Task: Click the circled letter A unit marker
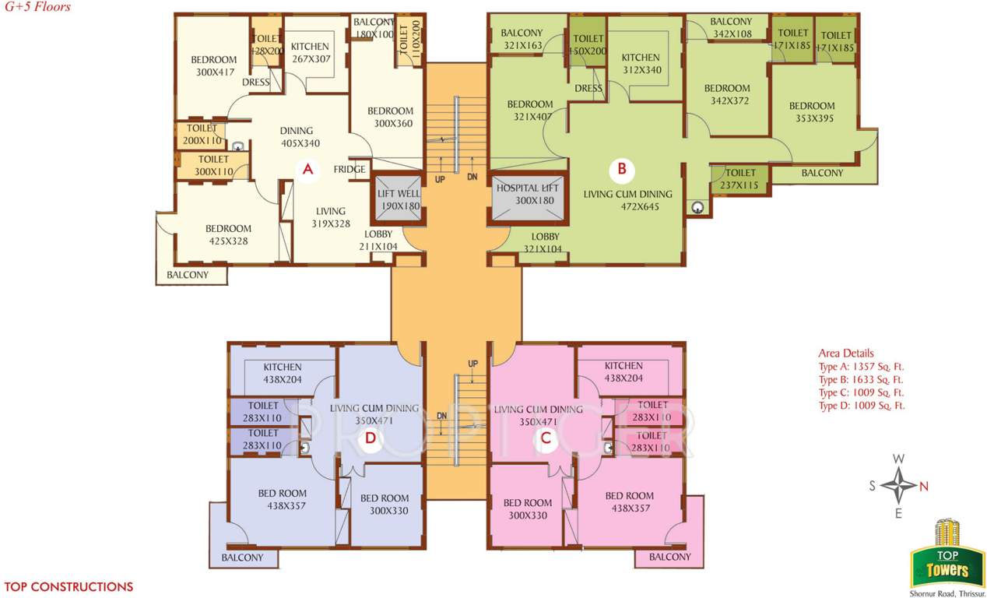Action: pos(307,169)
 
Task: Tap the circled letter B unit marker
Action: pos(621,168)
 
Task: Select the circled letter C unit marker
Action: pos(546,438)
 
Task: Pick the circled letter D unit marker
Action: pos(371,439)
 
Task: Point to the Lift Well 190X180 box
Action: pos(399,200)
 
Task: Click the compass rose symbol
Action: pos(898,487)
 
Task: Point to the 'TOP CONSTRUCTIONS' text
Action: pos(68,587)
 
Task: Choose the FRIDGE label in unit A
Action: pos(349,170)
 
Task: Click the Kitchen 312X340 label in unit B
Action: pos(640,64)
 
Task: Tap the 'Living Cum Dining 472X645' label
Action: pos(627,201)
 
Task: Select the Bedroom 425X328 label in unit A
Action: pos(228,234)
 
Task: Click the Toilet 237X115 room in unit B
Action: pos(739,179)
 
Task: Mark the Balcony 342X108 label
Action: pos(730,28)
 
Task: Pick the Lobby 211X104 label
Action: pos(378,240)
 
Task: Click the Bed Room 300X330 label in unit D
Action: pos(385,505)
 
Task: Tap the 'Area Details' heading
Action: pos(845,353)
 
